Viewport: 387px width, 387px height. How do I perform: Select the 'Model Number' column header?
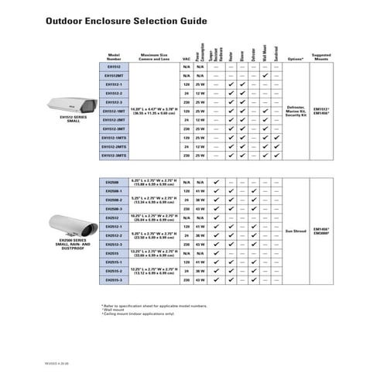pos(114,57)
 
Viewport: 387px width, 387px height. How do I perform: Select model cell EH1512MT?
pos(114,75)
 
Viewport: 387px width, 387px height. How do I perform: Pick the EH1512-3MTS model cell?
pos(114,156)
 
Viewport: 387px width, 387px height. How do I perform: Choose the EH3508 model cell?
pos(114,182)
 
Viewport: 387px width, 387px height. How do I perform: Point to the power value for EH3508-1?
pos(200,190)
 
